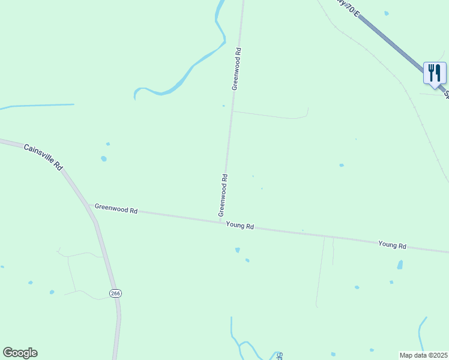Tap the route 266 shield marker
click(x=115, y=293)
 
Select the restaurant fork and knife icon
click(x=435, y=73)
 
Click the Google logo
click(x=20, y=353)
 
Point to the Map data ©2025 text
click(x=423, y=355)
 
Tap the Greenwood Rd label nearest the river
click(x=237, y=69)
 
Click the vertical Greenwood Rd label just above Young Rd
click(x=223, y=196)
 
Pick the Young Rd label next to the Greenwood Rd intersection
click(x=240, y=226)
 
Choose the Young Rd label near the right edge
click(x=393, y=245)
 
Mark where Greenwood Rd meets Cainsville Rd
click(x=90, y=205)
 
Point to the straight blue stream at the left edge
click(x=36, y=106)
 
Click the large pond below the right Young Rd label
click(x=400, y=265)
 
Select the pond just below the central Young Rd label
click(x=238, y=250)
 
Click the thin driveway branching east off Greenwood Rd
click(x=270, y=115)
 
